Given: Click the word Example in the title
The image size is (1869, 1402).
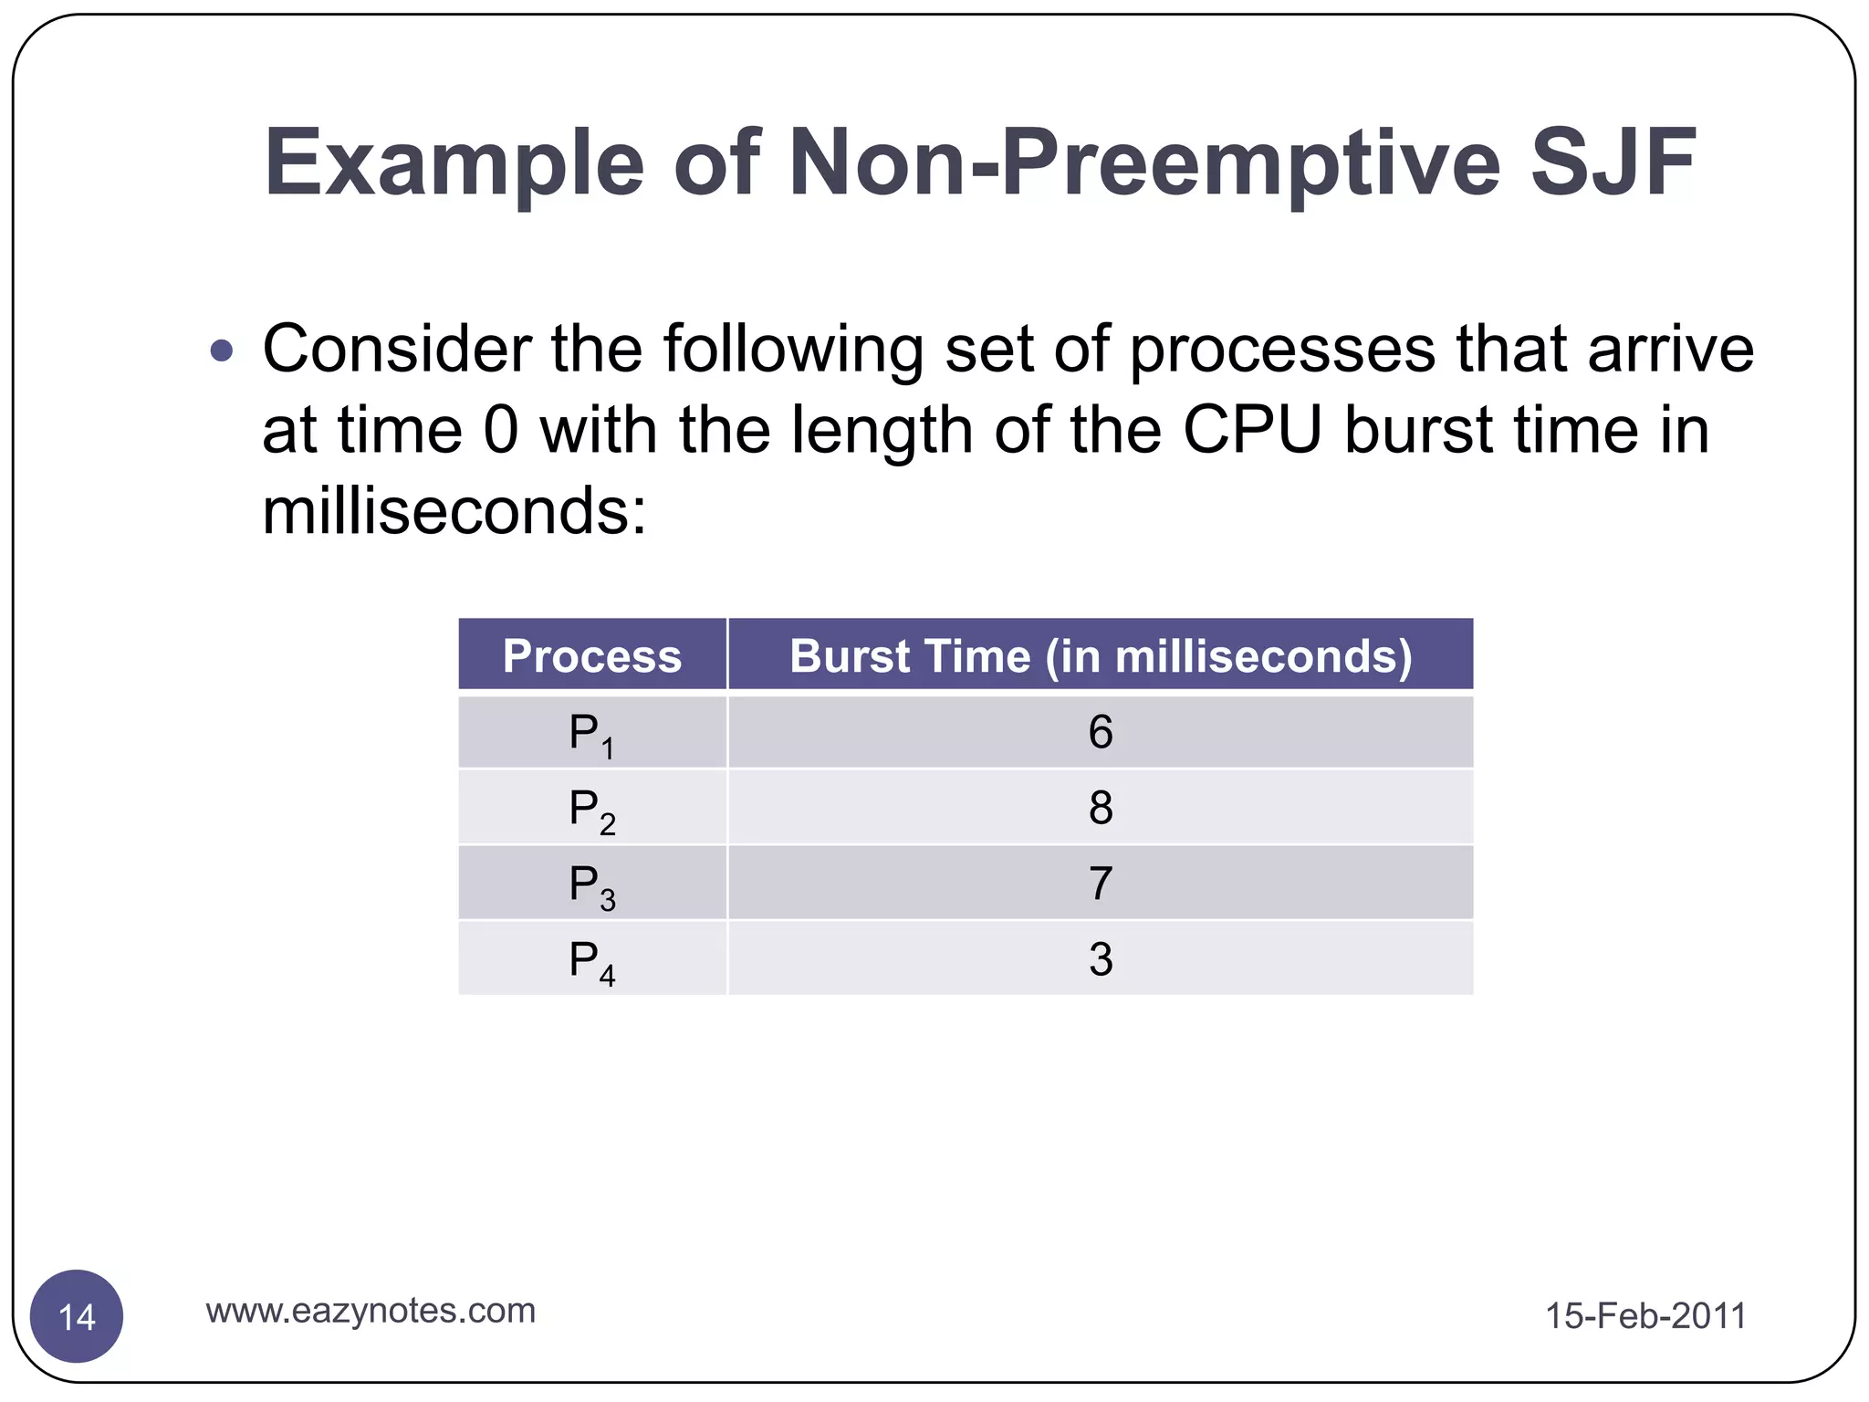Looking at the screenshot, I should [x=454, y=162].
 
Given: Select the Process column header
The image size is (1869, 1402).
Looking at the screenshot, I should [x=592, y=655].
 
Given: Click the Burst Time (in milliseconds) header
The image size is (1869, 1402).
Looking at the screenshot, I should [x=1101, y=655].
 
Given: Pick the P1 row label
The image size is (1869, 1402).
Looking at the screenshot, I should [x=591, y=734].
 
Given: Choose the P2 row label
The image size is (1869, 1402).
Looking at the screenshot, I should [x=591, y=810].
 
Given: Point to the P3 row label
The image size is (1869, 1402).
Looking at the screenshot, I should [x=591, y=885].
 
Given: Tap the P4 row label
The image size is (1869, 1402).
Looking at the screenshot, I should [x=591, y=961].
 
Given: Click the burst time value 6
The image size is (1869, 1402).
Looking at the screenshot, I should [x=1101, y=733].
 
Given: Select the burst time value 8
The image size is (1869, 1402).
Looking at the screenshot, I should [x=1101, y=809].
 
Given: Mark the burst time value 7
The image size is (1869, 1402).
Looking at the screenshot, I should [x=1101, y=884].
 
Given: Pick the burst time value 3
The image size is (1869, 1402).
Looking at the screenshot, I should [x=1101, y=960].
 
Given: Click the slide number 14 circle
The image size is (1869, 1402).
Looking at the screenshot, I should [x=77, y=1316].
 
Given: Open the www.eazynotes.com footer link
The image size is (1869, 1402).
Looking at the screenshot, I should [x=371, y=1311].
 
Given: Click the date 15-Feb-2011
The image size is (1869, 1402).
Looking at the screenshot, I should [x=1645, y=1316].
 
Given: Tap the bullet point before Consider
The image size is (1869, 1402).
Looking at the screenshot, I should [x=222, y=350].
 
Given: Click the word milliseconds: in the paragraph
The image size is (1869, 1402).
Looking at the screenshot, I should [x=454, y=511].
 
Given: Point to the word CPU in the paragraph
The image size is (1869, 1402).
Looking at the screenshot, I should [x=1252, y=431].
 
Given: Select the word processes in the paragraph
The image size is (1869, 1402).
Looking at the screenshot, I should [x=1282, y=350].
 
